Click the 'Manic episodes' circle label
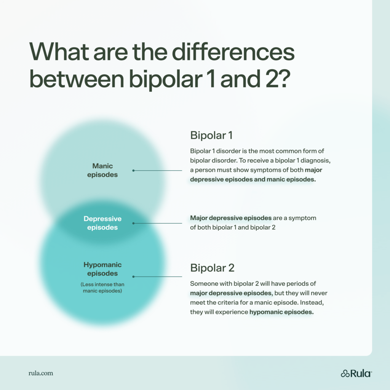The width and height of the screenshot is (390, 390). pos(102,170)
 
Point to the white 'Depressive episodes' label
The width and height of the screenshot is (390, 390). pos(102,223)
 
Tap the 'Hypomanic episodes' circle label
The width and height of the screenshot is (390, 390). pos(102,269)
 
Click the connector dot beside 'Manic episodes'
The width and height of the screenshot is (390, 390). pos(133,171)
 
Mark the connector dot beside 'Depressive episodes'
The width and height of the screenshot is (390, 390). pos(133,223)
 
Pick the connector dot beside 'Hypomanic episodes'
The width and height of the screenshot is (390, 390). pos(133,277)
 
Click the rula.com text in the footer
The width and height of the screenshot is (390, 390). pos(41,373)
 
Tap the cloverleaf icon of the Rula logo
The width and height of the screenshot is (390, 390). pos(345,373)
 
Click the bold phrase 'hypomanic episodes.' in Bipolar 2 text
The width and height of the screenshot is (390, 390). pos(281,312)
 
